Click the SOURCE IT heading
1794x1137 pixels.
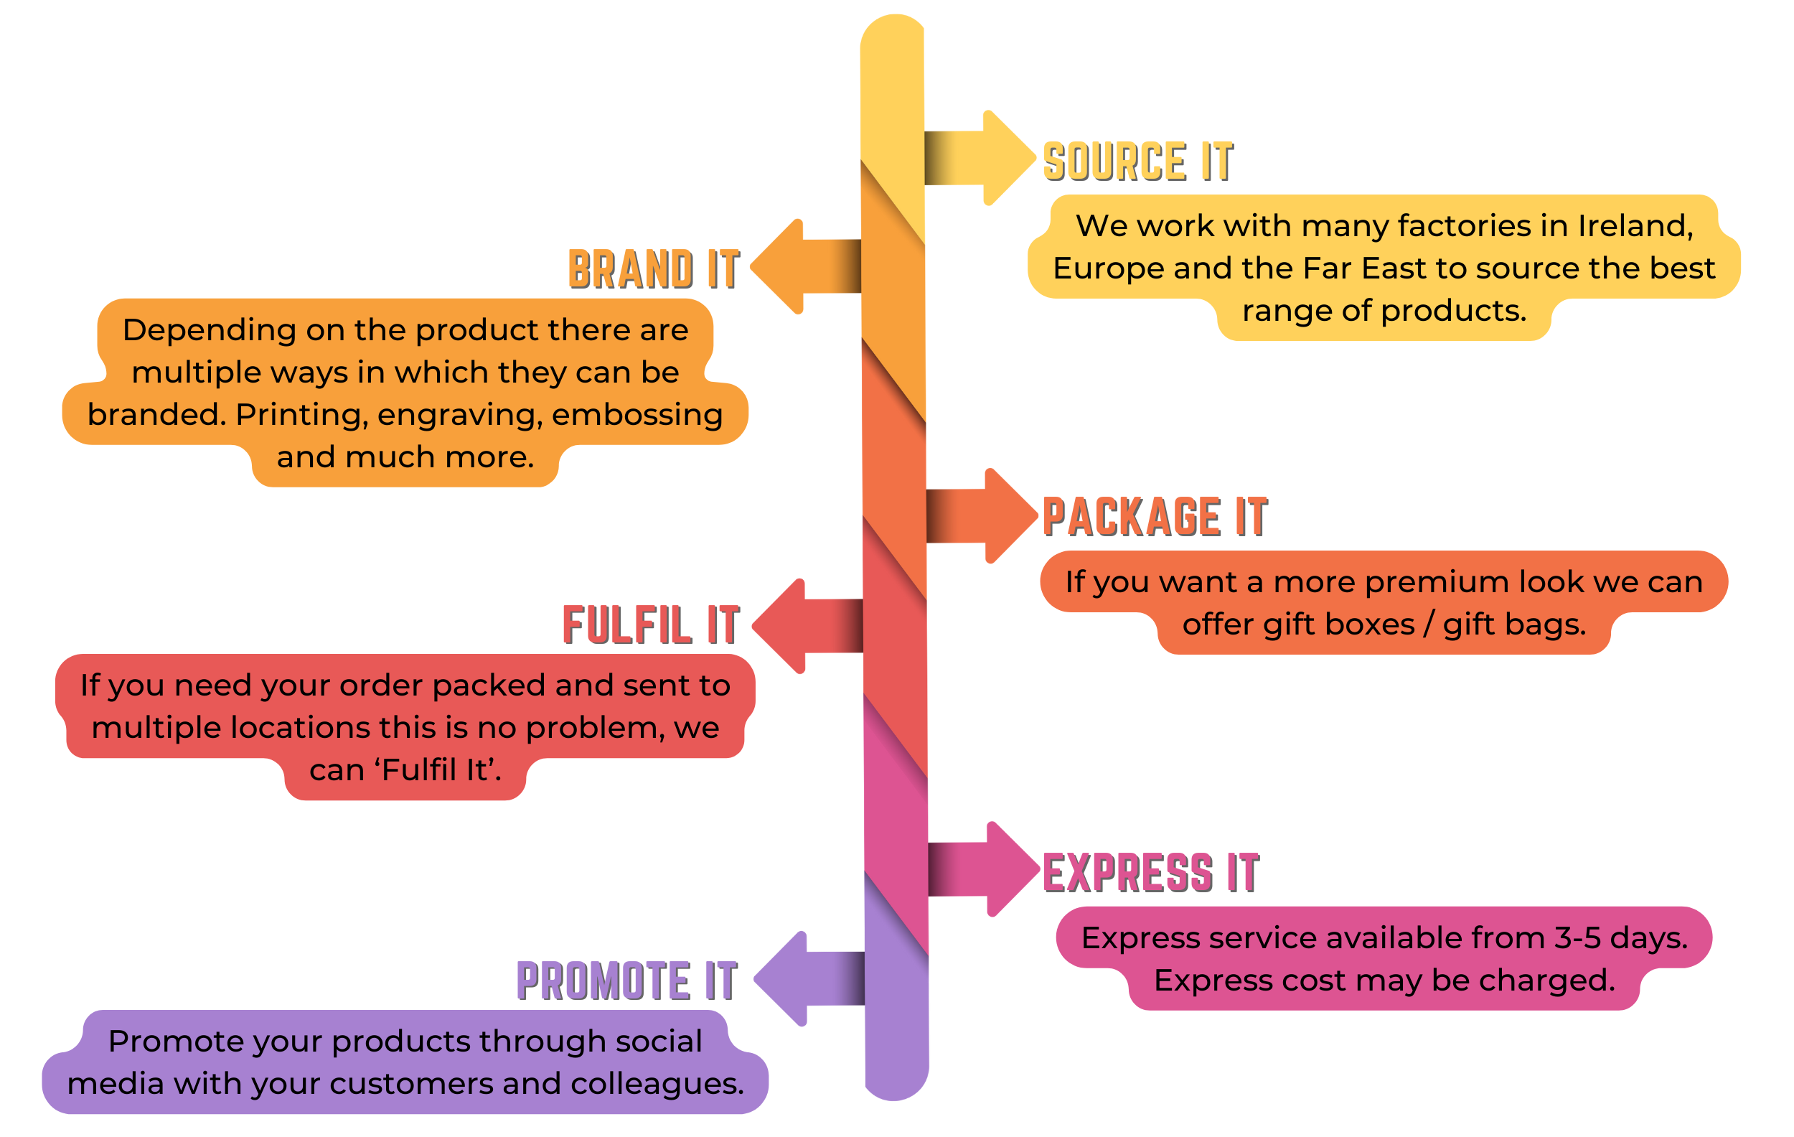(x=1137, y=162)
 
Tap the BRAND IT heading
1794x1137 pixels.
(x=654, y=269)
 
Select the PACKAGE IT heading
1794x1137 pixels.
(x=1154, y=517)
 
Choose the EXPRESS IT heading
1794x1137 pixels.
(x=1150, y=873)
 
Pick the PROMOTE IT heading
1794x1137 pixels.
(x=626, y=981)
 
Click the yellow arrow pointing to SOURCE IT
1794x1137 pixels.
(x=983, y=158)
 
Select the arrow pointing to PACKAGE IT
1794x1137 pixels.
(x=985, y=515)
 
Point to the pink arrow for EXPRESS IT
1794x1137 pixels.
(x=987, y=869)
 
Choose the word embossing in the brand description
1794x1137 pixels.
(x=637, y=415)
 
